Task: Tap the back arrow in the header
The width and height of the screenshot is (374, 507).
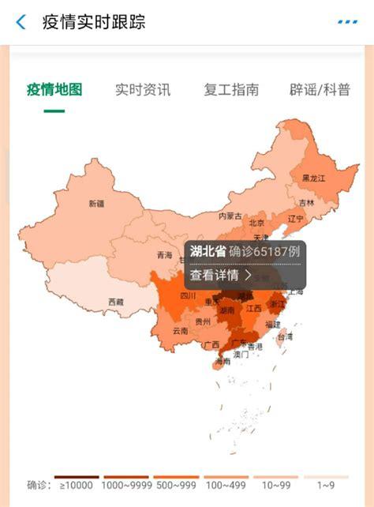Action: pyautogui.click(x=21, y=22)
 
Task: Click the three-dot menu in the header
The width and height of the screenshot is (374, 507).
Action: pyautogui.click(x=346, y=22)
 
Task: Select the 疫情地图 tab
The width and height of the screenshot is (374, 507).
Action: pyautogui.click(x=54, y=89)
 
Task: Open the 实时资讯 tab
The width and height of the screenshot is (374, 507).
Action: pyautogui.click(x=142, y=89)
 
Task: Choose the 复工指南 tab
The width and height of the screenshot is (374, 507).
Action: pyautogui.click(x=230, y=89)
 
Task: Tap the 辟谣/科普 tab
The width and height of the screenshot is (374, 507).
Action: pyautogui.click(x=320, y=89)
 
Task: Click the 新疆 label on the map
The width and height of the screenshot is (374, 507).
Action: pyautogui.click(x=96, y=204)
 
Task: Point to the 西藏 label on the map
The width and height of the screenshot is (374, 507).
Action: pyautogui.click(x=116, y=302)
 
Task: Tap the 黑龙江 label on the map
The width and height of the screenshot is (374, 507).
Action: pyautogui.click(x=313, y=178)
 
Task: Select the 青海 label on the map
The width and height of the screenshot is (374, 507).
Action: pyautogui.click(x=164, y=255)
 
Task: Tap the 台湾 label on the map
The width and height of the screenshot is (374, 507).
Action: pyautogui.click(x=284, y=336)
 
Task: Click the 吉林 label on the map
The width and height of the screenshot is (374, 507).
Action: pyautogui.click(x=306, y=203)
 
